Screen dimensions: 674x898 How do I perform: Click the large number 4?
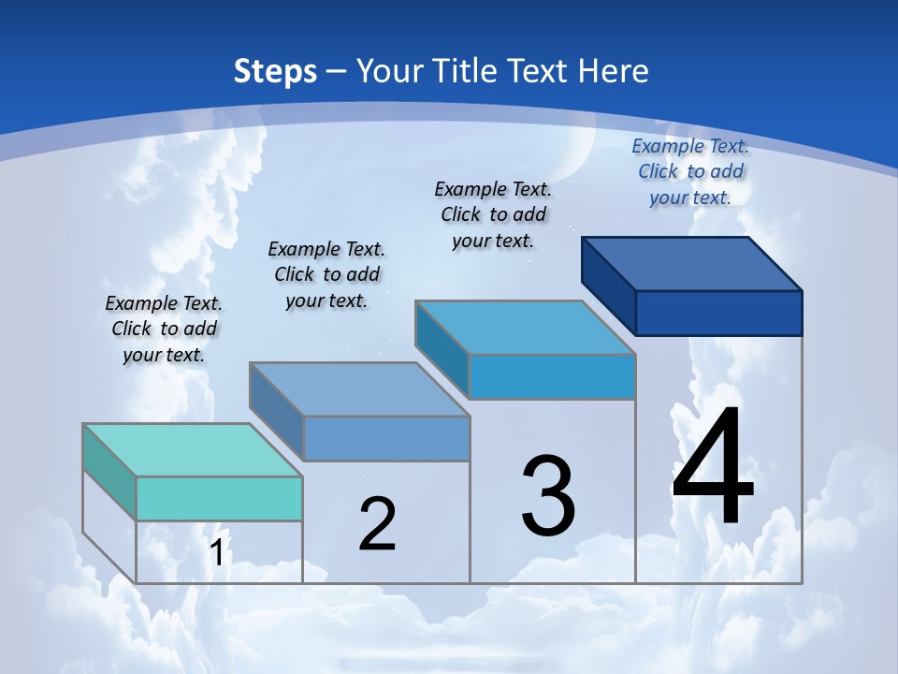[713, 467]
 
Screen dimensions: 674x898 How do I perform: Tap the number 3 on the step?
[548, 496]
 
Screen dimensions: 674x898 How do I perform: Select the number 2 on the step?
[377, 523]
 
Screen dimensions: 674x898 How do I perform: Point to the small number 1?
[217, 552]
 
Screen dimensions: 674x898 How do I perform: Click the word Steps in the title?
[275, 70]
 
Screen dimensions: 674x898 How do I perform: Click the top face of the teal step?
[192, 450]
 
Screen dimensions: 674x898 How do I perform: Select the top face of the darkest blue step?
[692, 264]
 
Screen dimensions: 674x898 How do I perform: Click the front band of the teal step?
[219, 498]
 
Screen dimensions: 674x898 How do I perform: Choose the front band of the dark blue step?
[718, 313]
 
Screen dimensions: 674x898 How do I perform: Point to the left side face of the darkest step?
[608, 286]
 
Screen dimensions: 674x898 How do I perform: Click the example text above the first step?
[164, 329]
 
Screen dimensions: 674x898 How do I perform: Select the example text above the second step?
[326, 274]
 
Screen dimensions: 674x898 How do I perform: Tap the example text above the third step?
[493, 214]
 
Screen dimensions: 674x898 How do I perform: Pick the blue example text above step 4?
[690, 171]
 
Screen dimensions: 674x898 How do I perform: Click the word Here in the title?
[614, 70]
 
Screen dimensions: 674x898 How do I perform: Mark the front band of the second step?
[386, 438]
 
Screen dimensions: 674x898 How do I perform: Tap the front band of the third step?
[552, 376]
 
